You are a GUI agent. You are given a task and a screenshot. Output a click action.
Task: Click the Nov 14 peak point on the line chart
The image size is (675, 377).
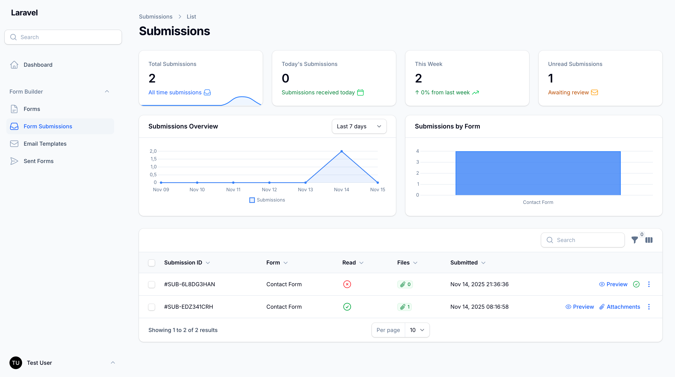point(341,151)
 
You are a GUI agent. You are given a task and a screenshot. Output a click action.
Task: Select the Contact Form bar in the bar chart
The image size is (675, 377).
point(538,173)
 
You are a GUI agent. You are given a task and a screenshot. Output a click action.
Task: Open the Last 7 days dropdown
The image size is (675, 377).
point(359,126)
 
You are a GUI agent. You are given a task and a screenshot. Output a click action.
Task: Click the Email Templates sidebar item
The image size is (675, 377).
point(45,143)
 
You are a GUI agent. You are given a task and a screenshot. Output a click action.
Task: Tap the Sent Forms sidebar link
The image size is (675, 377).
point(38,161)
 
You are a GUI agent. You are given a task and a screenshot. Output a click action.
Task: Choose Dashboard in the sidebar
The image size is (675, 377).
point(38,65)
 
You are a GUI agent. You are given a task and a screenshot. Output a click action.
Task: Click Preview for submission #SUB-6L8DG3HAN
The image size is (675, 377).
point(613,284)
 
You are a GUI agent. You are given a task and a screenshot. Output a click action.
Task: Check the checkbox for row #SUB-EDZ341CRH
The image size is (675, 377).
point(151,307)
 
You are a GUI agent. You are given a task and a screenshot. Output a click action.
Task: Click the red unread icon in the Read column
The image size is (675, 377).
point(347,284)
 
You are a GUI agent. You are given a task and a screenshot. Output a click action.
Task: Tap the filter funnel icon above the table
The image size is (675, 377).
point(634,240)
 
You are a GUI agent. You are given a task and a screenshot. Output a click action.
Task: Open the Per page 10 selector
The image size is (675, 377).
point(417,330)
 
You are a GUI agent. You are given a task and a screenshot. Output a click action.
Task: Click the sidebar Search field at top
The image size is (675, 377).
point(63,37)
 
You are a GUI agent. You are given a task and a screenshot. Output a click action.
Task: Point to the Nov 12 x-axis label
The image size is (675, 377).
point(269,189)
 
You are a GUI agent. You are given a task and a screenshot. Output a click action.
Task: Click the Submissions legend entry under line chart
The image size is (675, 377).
point(267,200)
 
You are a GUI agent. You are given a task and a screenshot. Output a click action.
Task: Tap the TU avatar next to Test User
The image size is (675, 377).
point(16,363)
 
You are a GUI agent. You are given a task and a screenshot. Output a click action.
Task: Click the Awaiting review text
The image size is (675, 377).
point(568,93)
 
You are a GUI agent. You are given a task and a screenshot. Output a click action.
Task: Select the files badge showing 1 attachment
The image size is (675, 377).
point(405,307)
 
